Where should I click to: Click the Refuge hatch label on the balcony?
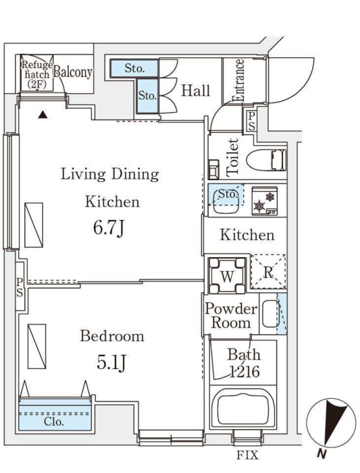pos(37,74)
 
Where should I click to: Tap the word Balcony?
pos(73,72)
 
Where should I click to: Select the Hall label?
pos(195,90)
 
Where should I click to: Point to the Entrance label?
pos(238,80)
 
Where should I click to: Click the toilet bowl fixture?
pos(266,160)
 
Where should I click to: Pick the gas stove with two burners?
pos(265,201)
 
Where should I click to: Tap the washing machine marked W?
pos(227,275)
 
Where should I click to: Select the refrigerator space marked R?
pos(268,272)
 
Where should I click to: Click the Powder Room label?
pos(231,316)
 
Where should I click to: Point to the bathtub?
pos(242,409)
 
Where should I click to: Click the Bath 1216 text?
pos(244,363)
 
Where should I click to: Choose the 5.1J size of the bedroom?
pos(111,363)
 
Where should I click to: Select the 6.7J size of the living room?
pos(109,228)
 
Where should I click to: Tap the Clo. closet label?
pos(54,422)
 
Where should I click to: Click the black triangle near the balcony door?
pos(43,114)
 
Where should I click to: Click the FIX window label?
pos(247,455)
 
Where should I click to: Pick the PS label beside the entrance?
pos(251,121)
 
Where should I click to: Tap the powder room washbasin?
pos(270,314)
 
